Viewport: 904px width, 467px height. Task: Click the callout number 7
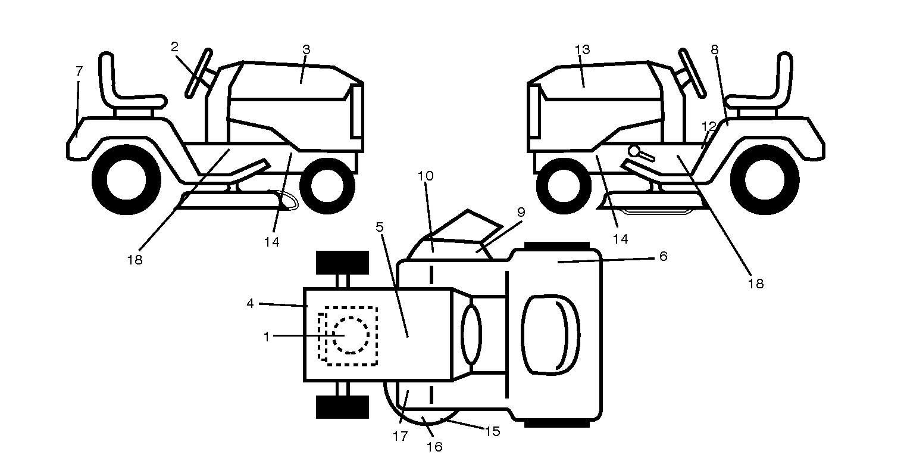pos(79,71)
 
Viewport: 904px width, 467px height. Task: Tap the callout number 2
pos(174,47)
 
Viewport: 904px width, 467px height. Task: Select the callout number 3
pos(306,49)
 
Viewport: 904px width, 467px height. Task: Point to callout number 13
pos(583,49)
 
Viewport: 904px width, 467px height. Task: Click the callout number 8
pos(715,49)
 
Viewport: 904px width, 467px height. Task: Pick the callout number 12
pos(709,126)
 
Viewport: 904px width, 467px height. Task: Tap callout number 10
pos(426,176)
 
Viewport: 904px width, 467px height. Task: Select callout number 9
pos(521,212)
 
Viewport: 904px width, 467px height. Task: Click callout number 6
pos(664,256)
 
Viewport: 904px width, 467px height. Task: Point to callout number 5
pos(379,227)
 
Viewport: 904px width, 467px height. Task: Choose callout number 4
pos(250,303)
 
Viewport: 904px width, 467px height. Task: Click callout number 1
pos(267,336)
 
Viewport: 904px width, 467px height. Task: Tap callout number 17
pos(401,436)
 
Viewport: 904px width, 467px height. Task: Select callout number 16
pos(434,446)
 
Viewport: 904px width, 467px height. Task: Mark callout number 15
pos(492,431)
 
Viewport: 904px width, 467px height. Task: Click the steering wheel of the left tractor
pos(199,73)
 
